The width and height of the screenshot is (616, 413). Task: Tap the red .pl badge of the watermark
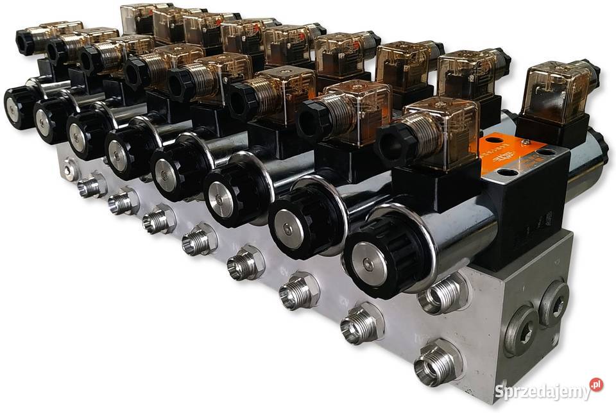(x=596, y=385)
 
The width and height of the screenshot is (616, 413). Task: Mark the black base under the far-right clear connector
(x=552, y=131)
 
